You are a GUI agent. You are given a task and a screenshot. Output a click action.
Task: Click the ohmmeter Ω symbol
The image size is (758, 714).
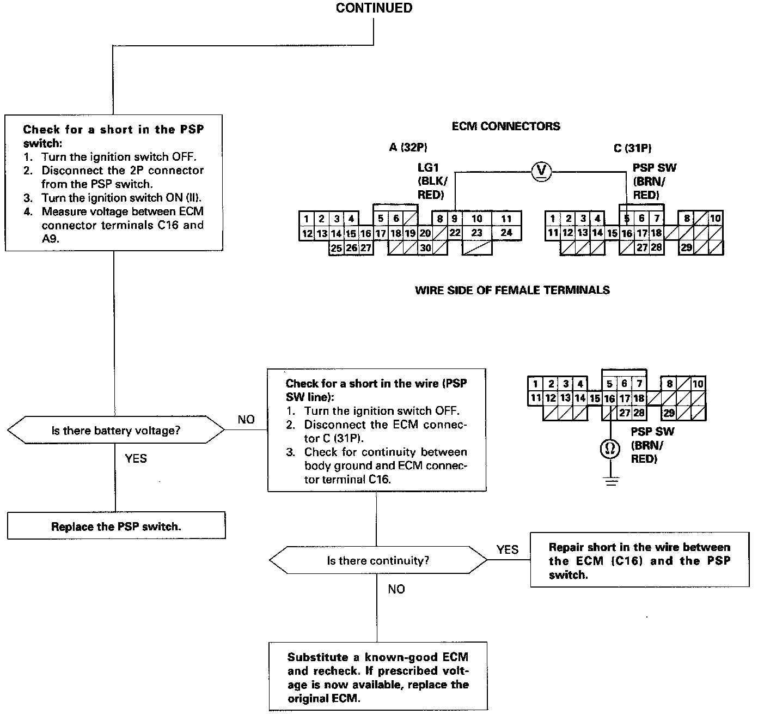pyautogui.click(x=610, y=449)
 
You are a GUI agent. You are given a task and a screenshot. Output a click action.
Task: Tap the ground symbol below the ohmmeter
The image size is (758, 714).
pyautogui.click(x=610, y=482)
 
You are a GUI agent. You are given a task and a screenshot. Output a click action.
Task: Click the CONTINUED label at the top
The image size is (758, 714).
pyautogui.click(x=374, y=8)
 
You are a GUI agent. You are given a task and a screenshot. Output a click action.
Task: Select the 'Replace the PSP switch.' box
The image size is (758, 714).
pyautogui.click(x=116, y=526)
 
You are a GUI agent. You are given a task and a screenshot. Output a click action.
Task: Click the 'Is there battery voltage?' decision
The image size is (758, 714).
pyautogui.click(x=115, y=431)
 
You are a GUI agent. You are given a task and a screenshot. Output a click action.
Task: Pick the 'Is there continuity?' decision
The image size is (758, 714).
pyautogui.click(x=378, y=560)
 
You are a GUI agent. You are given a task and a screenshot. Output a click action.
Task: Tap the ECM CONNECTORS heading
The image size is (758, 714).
pyautogui.click(x=506, y=126)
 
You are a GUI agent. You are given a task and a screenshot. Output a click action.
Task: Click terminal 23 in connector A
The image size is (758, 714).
pyautogui.click(x=477, y=233)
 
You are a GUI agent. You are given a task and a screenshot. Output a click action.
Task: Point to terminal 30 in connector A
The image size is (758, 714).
pyautogui.click(x=425, y=248)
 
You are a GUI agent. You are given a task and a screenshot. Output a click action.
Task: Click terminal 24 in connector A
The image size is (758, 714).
pyautogui.click(x=506, y=233)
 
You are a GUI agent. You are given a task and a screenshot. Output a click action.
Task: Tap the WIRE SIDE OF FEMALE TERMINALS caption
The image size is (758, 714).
pyautogui.click(x=512, y=291)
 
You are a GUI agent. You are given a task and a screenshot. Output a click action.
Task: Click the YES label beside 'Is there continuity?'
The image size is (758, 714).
pyautogui.click(x=507, y=549)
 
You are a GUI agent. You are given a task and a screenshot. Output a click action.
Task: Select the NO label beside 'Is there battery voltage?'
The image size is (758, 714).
pyautogui.click(x=246, y=419)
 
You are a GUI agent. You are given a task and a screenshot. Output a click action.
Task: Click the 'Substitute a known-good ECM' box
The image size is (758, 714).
pyautogui.click(x=378, y=677)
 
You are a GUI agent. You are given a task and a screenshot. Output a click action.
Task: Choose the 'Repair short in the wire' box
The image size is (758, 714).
pyautogui.click(x=639, y=560)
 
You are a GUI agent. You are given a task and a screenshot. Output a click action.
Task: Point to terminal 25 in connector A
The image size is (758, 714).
pyautogui.click(x=337, y=248)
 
